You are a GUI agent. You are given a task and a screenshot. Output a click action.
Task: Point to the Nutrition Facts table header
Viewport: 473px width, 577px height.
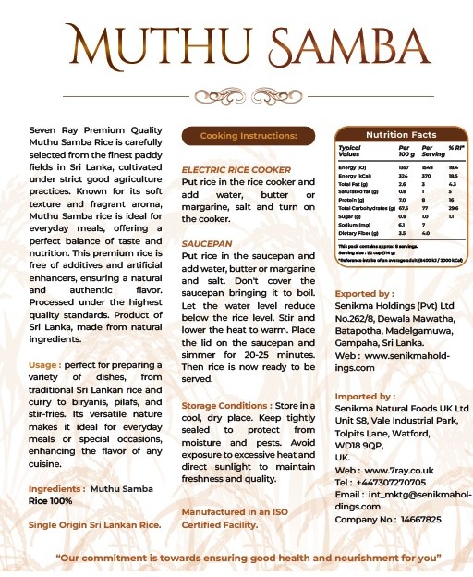pyautogui.click(x=400, y=135)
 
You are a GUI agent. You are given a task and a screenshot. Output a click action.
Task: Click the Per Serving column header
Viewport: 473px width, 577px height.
pyautogui.click(x=427, y=151)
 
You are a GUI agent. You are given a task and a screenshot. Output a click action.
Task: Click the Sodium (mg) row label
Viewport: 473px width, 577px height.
pyautogui.click(x=355, y=223)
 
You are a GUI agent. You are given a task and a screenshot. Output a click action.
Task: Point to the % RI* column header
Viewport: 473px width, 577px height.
pyautogui.click(x=455, y=148)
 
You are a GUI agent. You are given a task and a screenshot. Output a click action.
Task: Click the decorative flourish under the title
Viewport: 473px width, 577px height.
pyautogui.click(x=236, y=93)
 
